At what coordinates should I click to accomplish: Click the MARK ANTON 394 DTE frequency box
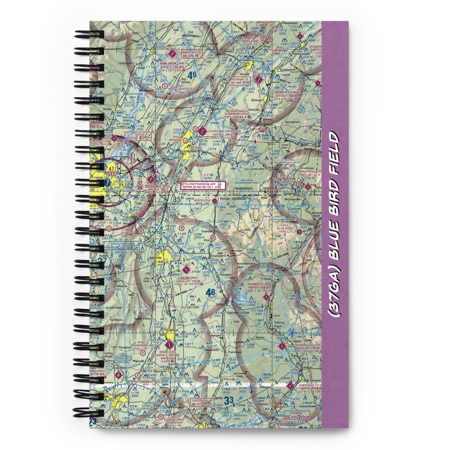click(x=192, y=54)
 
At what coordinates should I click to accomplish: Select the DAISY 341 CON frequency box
click(x=138, y=138)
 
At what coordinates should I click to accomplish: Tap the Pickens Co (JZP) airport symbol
click(x=282, y=346)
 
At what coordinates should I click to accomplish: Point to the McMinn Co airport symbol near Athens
click(x=258, y=80)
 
